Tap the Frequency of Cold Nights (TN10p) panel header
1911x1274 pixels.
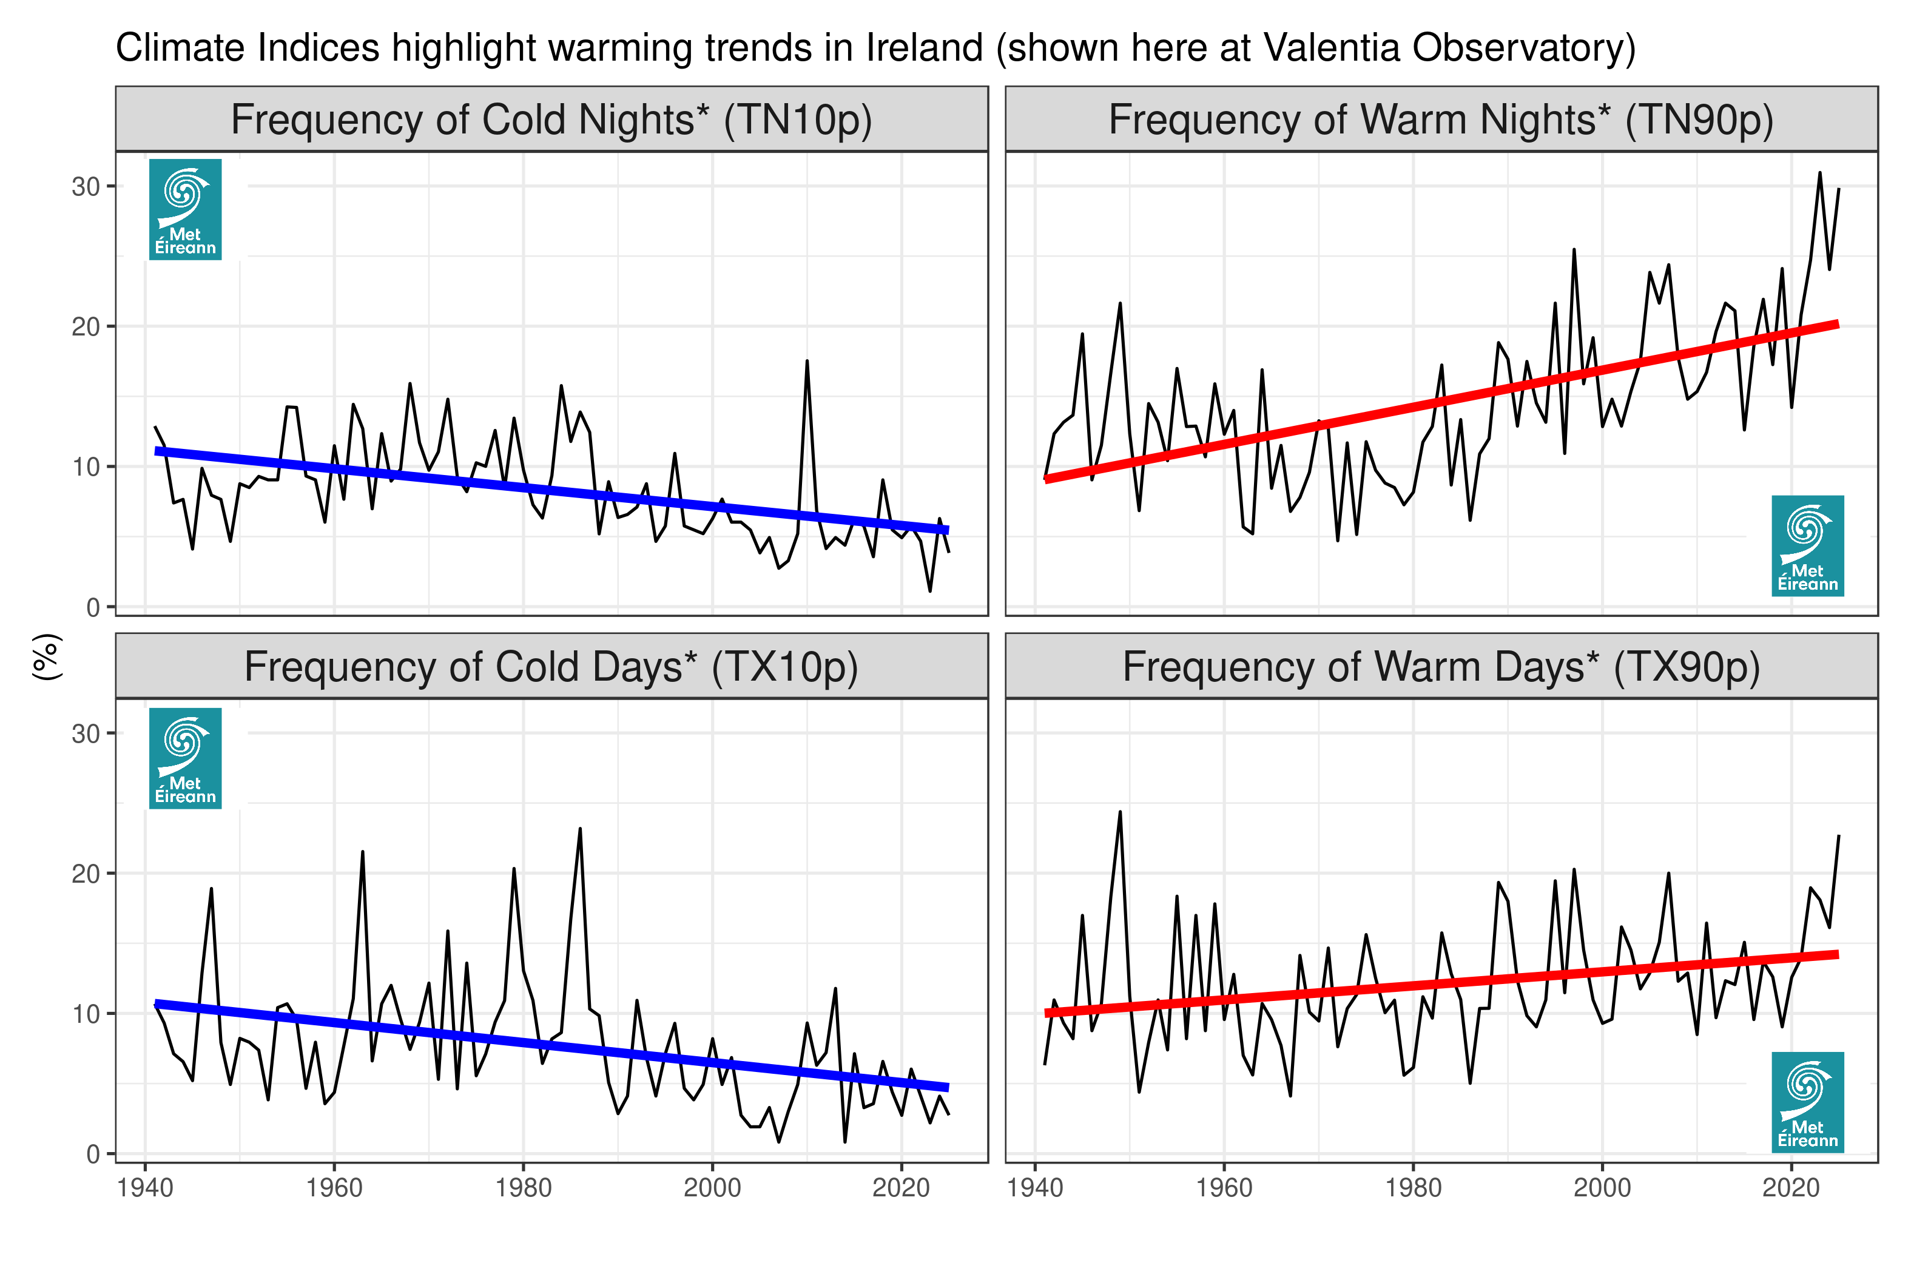coord(551,120)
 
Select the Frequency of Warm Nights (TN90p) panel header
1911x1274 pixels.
coord(1441,120)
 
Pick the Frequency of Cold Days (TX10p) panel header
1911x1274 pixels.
coord(551,667)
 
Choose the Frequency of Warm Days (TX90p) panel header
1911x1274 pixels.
coord(1441,667)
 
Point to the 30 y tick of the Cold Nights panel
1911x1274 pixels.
coord(86,187)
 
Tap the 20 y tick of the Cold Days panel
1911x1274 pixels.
coord(86,874)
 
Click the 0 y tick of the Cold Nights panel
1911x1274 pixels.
coord(93,608)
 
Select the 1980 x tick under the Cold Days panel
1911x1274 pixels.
coord(523,1188)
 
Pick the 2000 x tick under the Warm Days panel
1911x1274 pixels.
coord(1602,1188)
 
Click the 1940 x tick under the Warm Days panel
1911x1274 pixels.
coord(1034,1188)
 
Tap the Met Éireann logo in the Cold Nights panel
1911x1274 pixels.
coord(185,210)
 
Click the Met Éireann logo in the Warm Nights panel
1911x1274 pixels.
coord(1807,546)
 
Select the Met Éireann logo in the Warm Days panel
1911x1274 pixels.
coord(1807,1102)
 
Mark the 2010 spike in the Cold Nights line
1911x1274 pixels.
coord(807,362)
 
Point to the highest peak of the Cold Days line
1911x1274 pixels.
coord(580,829)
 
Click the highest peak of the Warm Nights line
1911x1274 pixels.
coord(1819,173)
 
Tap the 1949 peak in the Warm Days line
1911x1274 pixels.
coord(1120,812)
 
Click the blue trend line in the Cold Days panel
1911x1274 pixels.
coord(551,1046)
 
